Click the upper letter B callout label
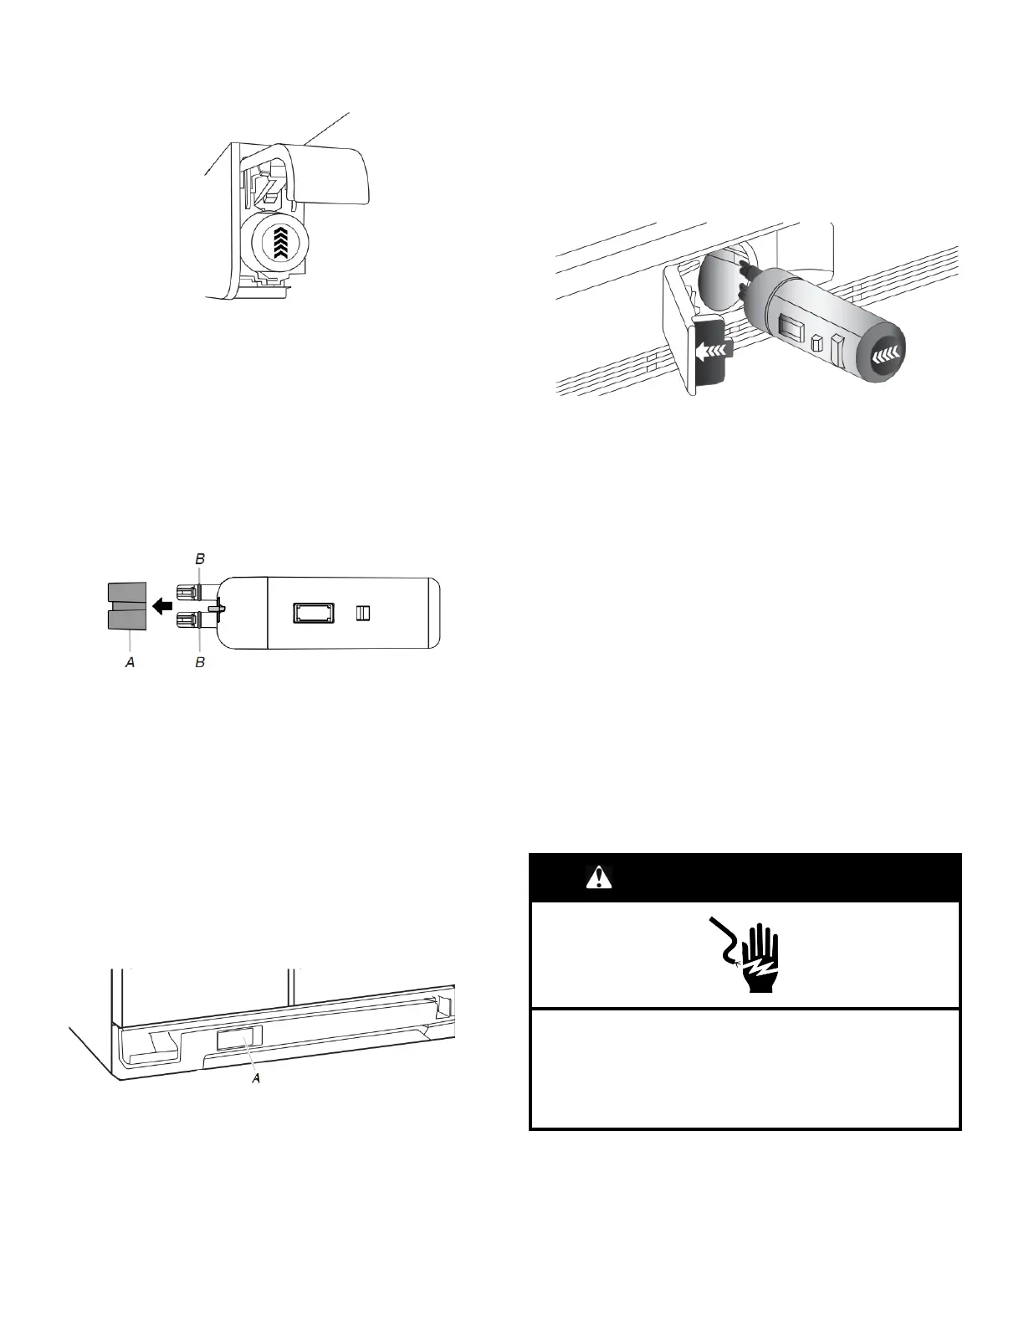point(200,558)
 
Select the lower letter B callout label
point(200,662)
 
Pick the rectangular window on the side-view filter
point(314,614)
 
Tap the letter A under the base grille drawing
point(257,1078)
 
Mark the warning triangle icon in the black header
point(599,877)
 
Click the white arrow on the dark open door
point(710,348)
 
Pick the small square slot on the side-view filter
point(362,614)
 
